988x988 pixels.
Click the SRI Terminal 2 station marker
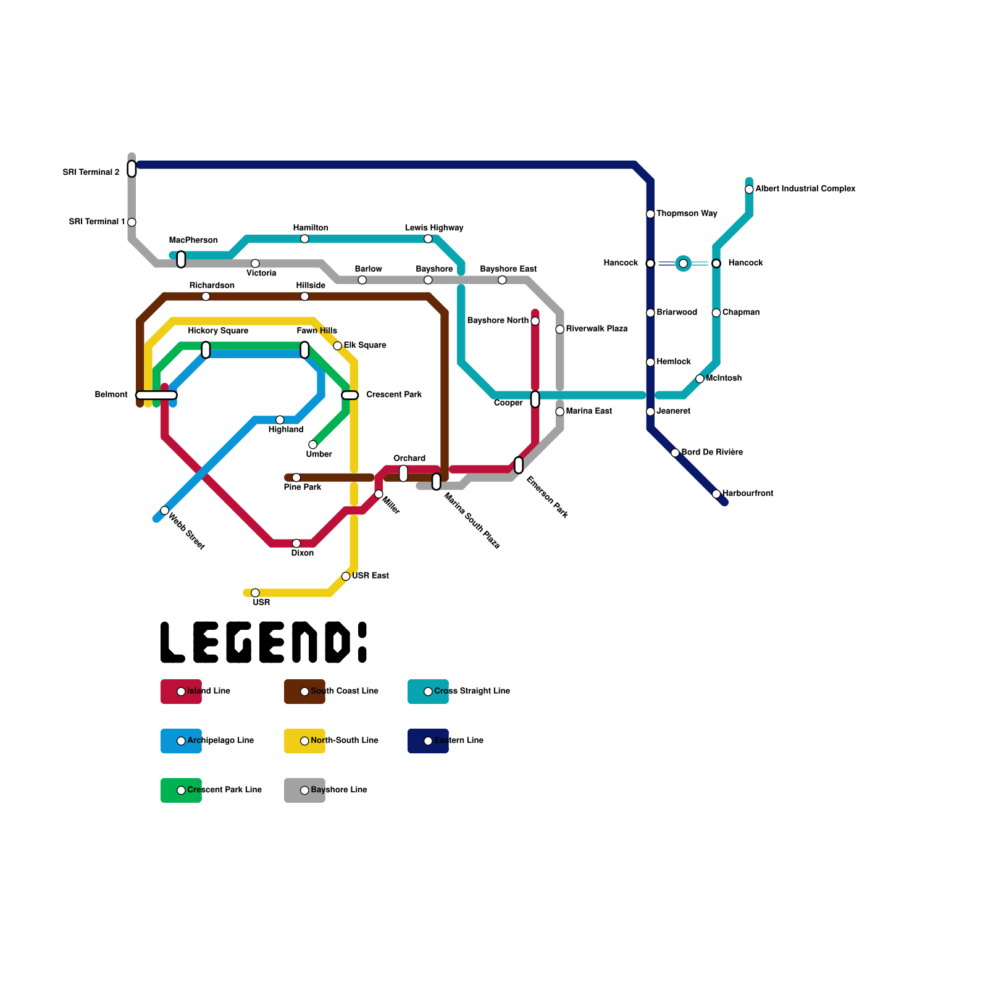[x=132, y=169]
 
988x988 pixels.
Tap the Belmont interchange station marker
[x=156, y=395]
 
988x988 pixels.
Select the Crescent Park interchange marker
[x=350, y=395]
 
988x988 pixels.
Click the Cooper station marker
[x=535, y=400]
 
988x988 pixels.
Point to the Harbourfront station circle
[x=716, y=494]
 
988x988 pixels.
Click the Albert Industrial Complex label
[x=805, y=189]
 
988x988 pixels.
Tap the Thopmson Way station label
[x=687, y=214]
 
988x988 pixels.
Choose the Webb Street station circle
[x=165, y=510]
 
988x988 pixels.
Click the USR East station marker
[x=346, y=576]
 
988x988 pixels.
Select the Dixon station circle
[x=296, y=543]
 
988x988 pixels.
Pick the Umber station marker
[x=313, y=445]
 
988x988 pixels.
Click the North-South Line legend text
[x=345, y=740]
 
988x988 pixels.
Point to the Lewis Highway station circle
[x=428, y=239]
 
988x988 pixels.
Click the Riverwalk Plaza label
[x=597, y=329]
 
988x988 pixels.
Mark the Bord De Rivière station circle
[x=675, y=453]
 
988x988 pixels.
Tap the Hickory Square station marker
[x=206, y=350]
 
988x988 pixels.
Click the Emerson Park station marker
[x=519, y=465]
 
